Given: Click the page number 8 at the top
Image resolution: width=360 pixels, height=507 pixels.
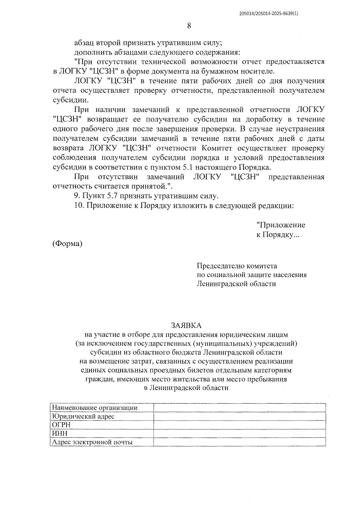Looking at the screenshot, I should click(x=189, y=25).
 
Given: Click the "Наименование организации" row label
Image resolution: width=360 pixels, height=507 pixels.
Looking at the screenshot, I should click(x=95, y=408).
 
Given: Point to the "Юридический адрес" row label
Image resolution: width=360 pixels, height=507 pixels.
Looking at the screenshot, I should click(x=83, y=416).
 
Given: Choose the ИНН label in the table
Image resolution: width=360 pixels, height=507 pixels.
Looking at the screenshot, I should click(x=60, y=433).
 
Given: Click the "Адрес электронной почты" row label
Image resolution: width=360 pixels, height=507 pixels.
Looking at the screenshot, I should click(x=92, y=442).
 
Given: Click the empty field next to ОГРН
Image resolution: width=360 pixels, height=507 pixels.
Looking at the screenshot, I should click(x=239, y=425).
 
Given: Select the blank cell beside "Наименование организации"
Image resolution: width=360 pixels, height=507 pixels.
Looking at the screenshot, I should click(x=239, y=408).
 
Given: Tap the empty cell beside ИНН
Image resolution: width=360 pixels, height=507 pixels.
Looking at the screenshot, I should click(x=239, y=433).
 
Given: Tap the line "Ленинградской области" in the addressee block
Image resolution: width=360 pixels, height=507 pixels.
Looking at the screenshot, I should click(x=236, y=283).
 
